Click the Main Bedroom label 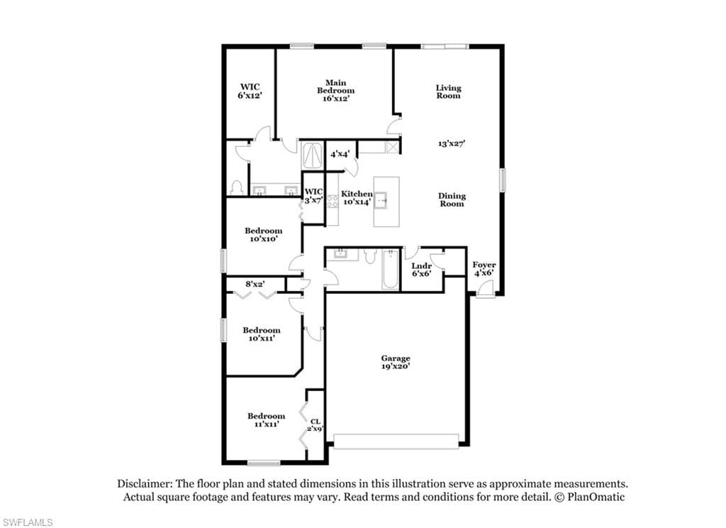coord(335,90)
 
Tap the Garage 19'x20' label coord(396,361)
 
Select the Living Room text coord(448,92)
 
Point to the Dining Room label coord(452,199)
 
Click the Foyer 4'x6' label coord(484,268)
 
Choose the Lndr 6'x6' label coord(421,270)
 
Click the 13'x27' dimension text coord(452,143)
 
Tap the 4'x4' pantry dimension coord(340,153)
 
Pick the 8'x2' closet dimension coord(255,284)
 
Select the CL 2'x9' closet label coord(315,425)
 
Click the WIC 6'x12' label coord(250,91)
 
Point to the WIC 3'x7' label coord(313,196)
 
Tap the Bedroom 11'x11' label coord(267,419)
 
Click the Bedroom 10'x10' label coord(264,235)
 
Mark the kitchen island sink coord(381,200)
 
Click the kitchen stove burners coord(333,201)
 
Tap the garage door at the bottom coord(396,441)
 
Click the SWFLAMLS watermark coord(27,522)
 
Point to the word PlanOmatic coord(596,497)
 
